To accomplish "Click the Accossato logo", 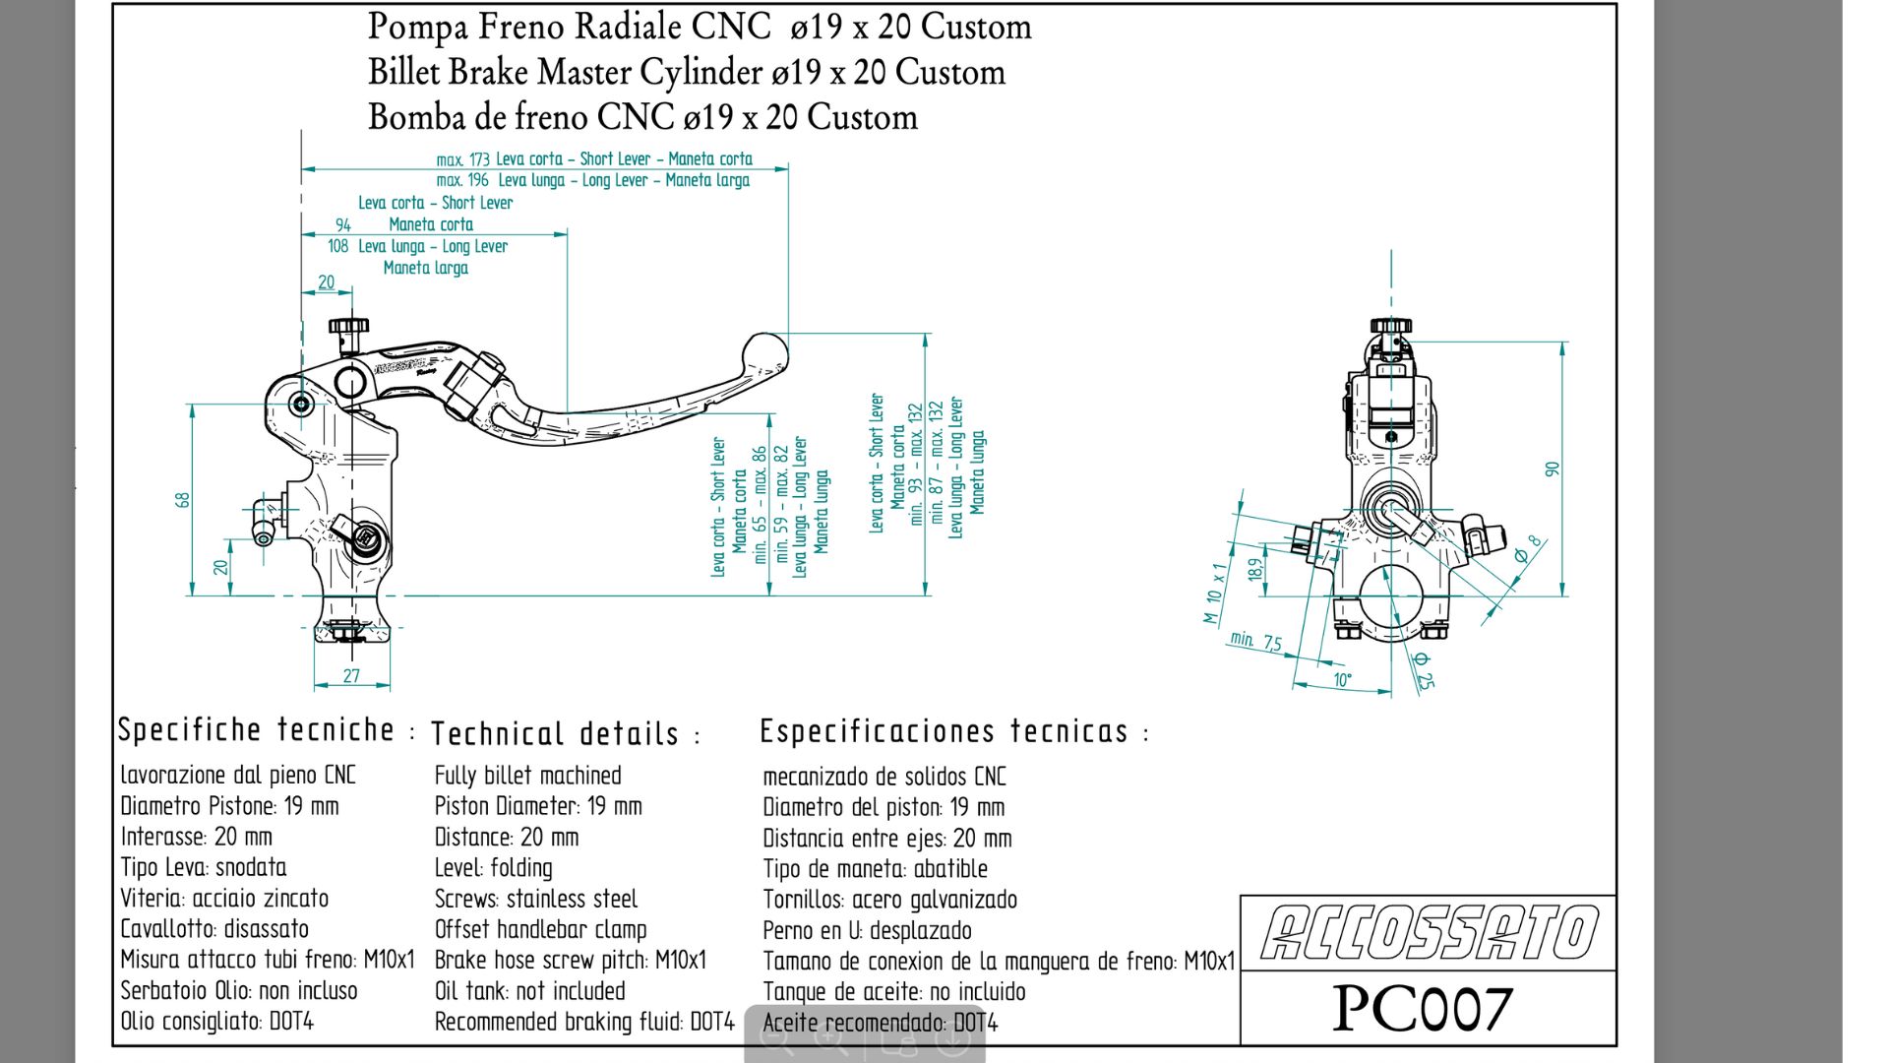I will click(x=1429, y=933).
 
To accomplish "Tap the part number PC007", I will click(x=1422, y=1009).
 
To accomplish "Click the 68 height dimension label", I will click(x=183, y=499).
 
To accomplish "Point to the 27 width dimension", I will click(x=351, y=676).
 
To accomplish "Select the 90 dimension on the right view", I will click(x=1553, y=469).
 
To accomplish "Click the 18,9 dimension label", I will click(x=1255, y=569).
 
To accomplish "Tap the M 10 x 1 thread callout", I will click(x=1216, y=593).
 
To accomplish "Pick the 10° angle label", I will click(x=1342, y=680).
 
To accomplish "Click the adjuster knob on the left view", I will click(x=348, y=326).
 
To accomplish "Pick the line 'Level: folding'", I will click(x=493, y=868).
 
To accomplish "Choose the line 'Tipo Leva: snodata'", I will click(x=204, y=868).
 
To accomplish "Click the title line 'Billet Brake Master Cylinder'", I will click(x=686, y=73).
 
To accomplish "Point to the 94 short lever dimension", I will click(x=343, y=225).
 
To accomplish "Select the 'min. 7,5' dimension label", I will click(x=1255, y=641).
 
